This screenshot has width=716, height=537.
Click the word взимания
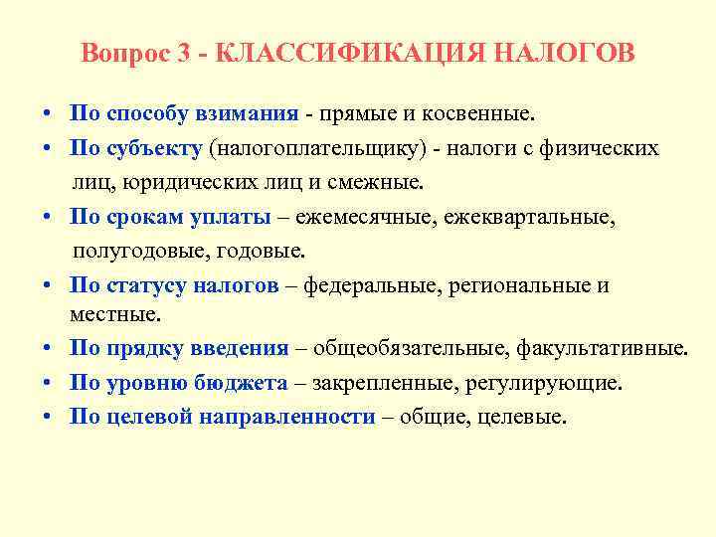[x=251, y=114]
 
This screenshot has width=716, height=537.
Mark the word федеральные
[x=371, y=285]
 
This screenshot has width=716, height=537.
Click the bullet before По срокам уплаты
[x=48, y=217]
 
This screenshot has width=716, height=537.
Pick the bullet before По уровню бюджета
[x=48, y=383]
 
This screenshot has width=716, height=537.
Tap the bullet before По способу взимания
[x=48, y=114]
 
